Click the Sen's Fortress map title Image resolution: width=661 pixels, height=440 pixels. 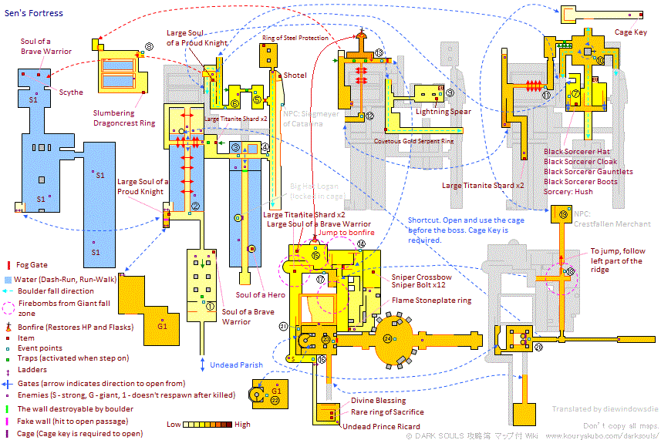pyautogui.click(x=33, y=13)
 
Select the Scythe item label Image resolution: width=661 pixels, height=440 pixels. pyautogui.click(x=71, y=92)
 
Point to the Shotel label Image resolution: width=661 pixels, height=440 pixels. pyautogui.click(x=295, y=76)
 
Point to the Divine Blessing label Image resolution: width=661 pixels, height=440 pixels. pyautogui.click(x=379, y=401)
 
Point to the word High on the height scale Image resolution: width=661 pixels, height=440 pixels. pyautogui.click(x=241, y=425)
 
